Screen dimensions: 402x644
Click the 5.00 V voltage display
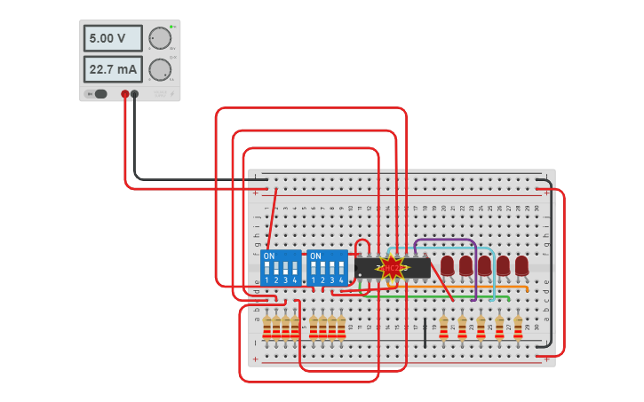[x=113, y=38]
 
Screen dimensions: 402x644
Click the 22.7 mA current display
[x=113, y=69]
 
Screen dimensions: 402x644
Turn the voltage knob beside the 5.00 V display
[x=160, y=38]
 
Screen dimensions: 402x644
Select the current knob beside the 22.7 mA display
[x=160, y=69]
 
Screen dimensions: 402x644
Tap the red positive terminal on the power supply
[x=125, y=93]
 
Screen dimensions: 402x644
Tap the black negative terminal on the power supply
[x=135, y=93]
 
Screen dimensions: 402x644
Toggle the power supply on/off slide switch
[x=98, y=94]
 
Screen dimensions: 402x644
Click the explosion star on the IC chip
[x=392, y=267]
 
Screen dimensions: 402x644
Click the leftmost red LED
[x=448, y=265]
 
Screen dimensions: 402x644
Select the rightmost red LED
[x=521, y=265]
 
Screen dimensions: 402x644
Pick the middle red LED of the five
[x=484, y=265]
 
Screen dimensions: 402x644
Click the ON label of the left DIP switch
[x=269, y=256]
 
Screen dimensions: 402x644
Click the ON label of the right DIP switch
[x=314, y=256]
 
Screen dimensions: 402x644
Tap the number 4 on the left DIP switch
[x=295, y=280]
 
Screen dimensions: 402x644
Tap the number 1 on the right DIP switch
[x=312, y=280]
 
